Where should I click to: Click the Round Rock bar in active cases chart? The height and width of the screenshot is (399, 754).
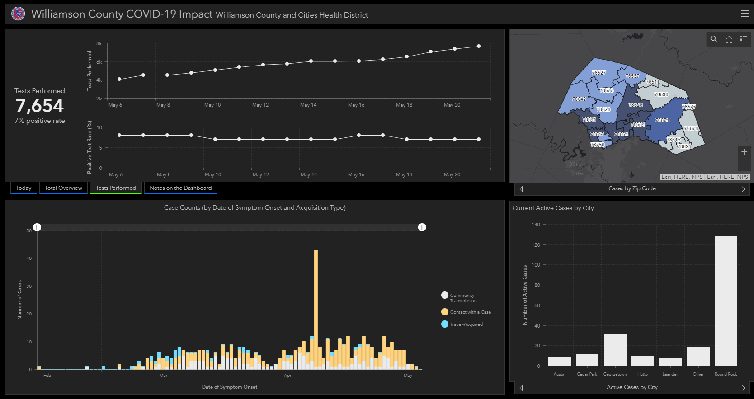(x=726, y=301)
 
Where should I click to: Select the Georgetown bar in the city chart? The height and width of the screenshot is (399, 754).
(x=615, y=350)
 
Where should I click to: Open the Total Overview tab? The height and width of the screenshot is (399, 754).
(x=63, y=188)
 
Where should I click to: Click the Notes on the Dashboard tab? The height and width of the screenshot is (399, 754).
(x=180, y=188)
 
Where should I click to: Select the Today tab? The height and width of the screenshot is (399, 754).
(x=24, y=188)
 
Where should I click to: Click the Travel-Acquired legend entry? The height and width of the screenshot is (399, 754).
(x=466, y=324)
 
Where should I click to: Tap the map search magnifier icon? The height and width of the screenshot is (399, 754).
(x=714, y=39)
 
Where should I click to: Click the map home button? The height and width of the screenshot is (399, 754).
(x=729, y=39)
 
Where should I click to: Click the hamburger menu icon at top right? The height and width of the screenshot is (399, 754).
(x=745, y=14)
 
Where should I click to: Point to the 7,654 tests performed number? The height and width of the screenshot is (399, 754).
(x=40, y=106)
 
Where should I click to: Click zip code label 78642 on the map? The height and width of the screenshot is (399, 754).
(x=579, y=99)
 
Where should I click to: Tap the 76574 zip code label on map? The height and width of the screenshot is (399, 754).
(x=662, y=120)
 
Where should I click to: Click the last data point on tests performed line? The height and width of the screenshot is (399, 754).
(x=478, y=46)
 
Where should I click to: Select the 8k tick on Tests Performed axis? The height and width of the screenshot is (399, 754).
(x=99, y=43)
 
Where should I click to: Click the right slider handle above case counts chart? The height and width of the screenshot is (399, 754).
(x=422, y=227)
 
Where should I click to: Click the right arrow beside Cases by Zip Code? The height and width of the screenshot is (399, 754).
(x=743, y=189)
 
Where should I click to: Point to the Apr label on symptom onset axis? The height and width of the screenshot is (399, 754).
(x=287, y=376)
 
